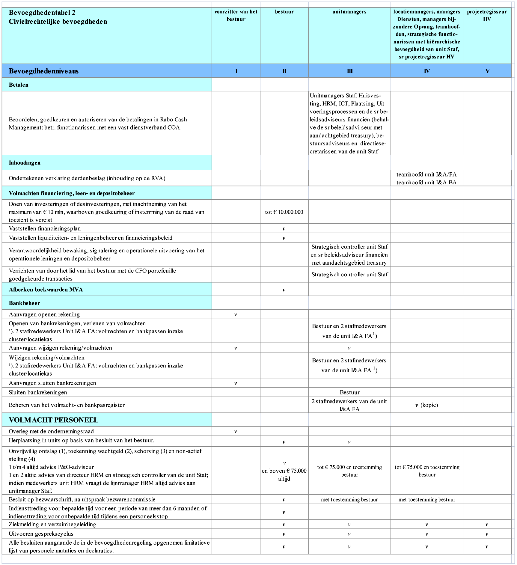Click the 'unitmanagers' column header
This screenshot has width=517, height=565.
coord(349,12)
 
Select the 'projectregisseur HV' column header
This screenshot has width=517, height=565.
coord(487,15)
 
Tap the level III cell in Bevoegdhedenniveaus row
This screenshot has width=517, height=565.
coord(349,71)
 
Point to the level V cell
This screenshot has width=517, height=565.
coord(487,71)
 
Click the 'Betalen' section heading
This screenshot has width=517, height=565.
coord(19,85)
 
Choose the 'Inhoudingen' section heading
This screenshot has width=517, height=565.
coord(25,163)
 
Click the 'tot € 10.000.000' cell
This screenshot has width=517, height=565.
coord(284,212)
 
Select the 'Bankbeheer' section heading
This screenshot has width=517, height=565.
coord(24,303)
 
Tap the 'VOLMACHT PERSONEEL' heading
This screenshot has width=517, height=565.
coord(54,420)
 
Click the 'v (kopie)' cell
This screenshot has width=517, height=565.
coord(426,405)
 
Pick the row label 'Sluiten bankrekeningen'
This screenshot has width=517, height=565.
coord(38,392)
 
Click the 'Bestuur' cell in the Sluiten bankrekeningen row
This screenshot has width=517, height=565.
coord(349,392)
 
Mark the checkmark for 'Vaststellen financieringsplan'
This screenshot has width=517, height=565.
coord(284,229)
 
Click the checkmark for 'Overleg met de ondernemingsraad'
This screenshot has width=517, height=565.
coord(236,432)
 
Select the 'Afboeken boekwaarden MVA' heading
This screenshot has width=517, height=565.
coord(46,290)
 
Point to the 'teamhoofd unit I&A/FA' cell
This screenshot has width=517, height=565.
coord(426,174)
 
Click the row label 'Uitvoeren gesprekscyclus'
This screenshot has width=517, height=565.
coord(41,534)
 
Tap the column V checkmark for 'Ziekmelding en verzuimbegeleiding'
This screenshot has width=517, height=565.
coord(487,525)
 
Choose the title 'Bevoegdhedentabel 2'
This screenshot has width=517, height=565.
coord(42,13)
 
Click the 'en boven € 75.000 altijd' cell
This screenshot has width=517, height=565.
coord(284,475)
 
